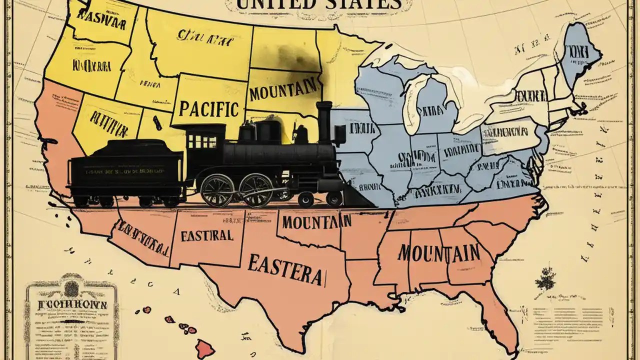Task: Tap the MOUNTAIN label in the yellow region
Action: [x=284, y=91]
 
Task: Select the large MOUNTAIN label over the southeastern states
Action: [x=438, y=252]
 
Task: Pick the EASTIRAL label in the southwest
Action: [x=206, y=235]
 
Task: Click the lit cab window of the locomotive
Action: [x=202, y=141]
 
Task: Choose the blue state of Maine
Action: [x=580, y=50]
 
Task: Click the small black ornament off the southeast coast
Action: [x=546, y=278]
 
